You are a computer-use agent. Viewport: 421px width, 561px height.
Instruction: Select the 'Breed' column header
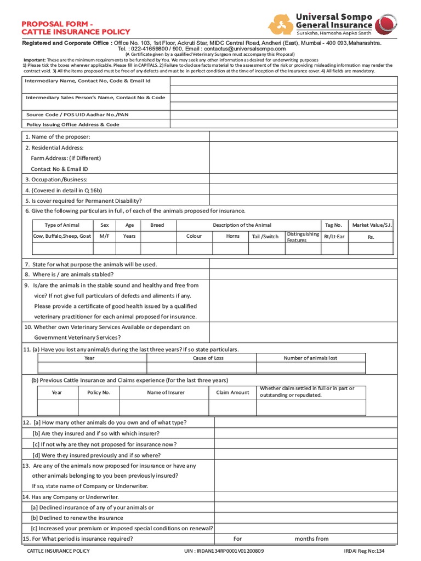pos(157,225)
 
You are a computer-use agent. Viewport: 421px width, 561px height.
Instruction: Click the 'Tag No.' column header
pos(333,225)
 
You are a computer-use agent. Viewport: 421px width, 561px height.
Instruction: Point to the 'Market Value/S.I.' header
pos(372,225)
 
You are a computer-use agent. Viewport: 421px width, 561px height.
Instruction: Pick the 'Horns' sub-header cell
pos(233,237)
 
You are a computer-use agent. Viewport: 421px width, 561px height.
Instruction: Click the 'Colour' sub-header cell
pos(194,237)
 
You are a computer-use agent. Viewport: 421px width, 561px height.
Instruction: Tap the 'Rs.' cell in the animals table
pos(371,237)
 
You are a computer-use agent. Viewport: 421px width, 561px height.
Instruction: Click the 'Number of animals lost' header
pos(310,358)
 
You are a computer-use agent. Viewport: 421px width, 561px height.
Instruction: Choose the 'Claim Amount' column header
pos(232,392)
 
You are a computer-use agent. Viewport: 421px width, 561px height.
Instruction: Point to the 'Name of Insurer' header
pos(166,392)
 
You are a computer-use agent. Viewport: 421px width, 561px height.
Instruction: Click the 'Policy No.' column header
pos(99,392)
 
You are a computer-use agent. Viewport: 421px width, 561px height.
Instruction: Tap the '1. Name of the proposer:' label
pos(58,137)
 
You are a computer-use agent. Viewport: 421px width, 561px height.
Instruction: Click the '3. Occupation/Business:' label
pos(56,180)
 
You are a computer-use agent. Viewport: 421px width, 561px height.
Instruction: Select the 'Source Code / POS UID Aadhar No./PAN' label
pos(77,115)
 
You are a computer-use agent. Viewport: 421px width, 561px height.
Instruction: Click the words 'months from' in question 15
pos(311,539)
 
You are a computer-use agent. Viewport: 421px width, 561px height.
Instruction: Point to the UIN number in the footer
pos(224,551)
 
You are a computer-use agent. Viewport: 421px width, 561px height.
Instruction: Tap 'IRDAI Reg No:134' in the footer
pos(365,551)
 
